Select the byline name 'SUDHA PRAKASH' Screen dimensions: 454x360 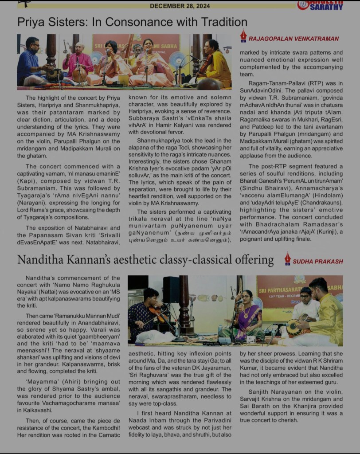pyautogui.click(x=318, y=261)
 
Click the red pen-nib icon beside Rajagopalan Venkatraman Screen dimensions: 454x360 pyautogui.click(x=243, y=36)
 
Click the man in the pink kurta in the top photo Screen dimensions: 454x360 pyautogui.click(x=78, y=64)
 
